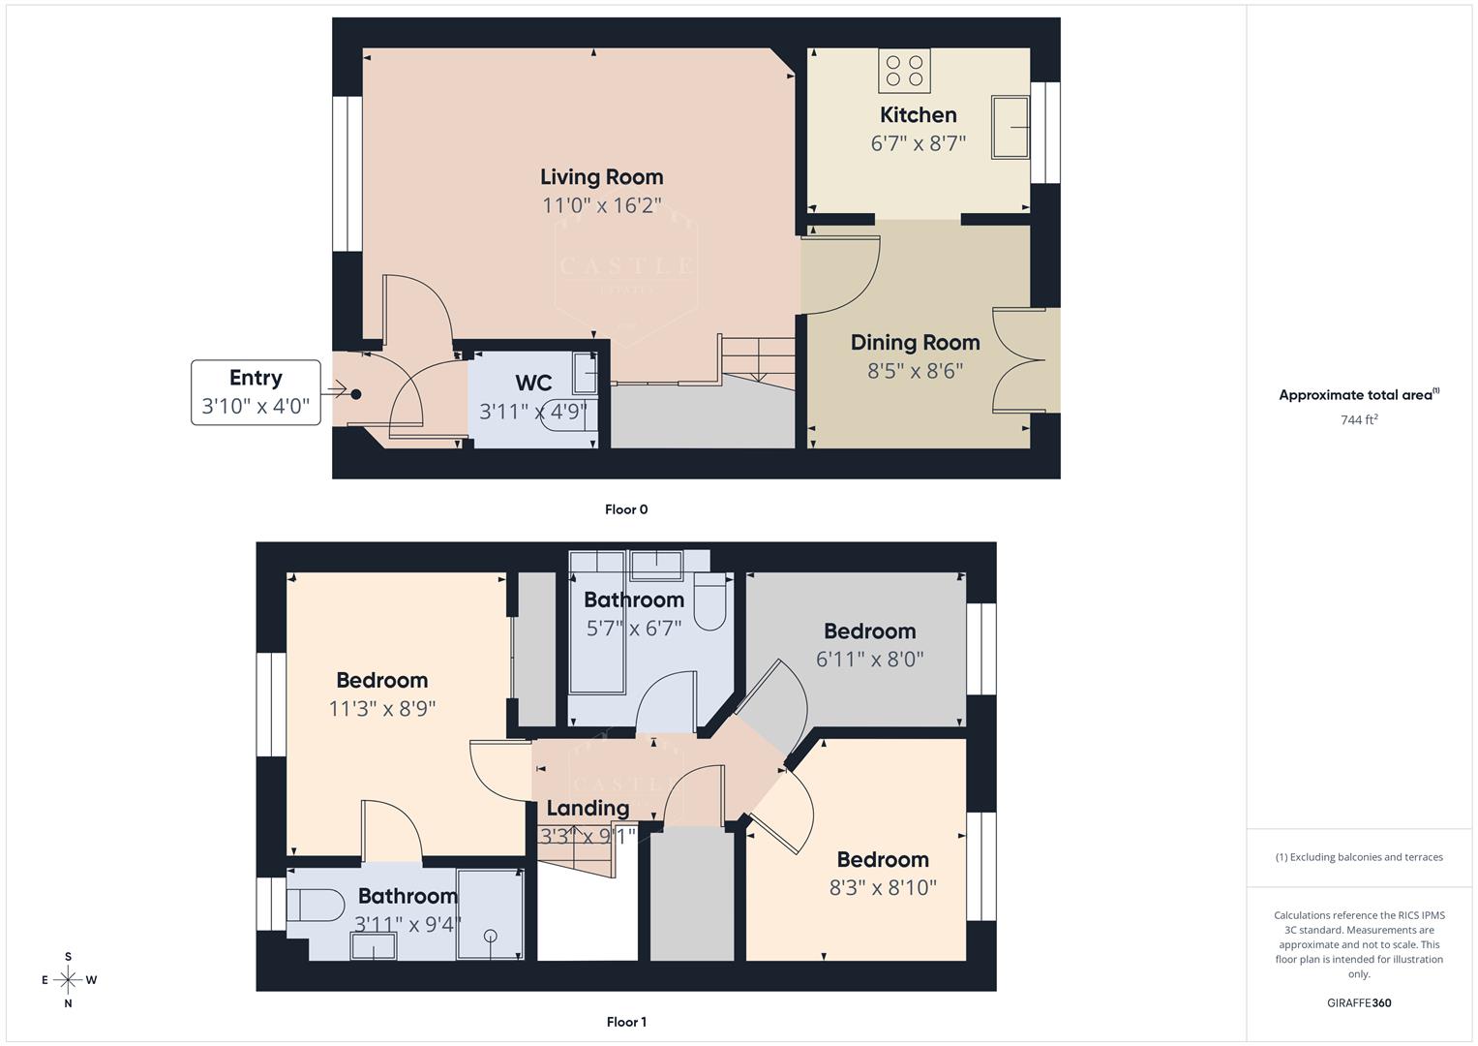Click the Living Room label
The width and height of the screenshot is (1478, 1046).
[x=601, y=177]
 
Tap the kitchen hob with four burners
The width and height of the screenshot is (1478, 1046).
[x=904, y=71]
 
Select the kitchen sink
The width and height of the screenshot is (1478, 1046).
[x=1010, y=126]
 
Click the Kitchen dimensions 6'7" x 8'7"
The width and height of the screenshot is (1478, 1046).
[x=918, y=144]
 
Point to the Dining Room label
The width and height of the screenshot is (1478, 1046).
[x=915, y=343]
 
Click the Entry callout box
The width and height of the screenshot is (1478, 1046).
[x=256, y=392]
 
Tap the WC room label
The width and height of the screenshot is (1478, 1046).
[x=533, y=383]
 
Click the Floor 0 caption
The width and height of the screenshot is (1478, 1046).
[x=626, y=509]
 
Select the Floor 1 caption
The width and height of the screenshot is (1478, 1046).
[x=626, y=1022]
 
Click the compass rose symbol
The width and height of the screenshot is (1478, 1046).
[x=68, y=980]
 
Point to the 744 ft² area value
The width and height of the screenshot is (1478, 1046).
[x=1359, y=420]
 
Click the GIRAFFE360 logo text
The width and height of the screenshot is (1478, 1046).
[x=1359, y=1002]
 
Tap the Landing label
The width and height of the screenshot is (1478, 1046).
[x=588, y=808]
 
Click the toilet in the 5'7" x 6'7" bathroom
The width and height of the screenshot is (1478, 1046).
[x=710, y=604]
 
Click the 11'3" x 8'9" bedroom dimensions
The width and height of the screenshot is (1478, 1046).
[x=382, y=709]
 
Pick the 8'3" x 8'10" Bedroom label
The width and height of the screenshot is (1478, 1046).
[x=883, y=860]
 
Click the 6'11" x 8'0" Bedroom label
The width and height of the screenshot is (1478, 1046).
[x=869, y=631]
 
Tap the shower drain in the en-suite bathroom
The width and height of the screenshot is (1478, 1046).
[x=490, y=936]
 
